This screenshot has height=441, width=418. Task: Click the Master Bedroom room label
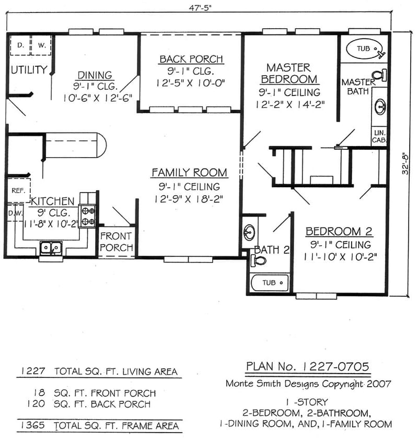289,73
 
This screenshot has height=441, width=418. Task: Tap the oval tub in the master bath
365,49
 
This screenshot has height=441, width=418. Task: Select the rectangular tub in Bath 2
269,283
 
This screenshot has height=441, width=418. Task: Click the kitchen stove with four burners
87,216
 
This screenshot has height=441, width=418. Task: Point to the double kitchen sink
51,247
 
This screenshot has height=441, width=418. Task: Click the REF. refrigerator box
18,191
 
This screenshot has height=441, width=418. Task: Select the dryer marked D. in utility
20,45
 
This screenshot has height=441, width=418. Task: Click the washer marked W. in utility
41,45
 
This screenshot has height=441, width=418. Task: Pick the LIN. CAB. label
378,137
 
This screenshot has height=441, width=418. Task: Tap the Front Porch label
116,241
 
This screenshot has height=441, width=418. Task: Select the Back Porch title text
191,59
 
